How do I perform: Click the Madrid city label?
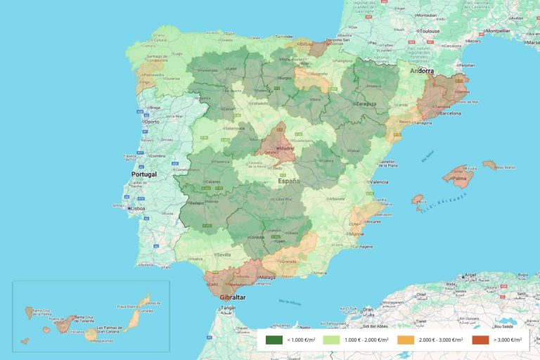[287, 148]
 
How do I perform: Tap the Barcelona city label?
[451, 113]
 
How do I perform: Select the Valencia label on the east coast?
[379, 182]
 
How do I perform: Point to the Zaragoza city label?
[366, 103]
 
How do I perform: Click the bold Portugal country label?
[144, 174]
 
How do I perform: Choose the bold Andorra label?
[422, 70]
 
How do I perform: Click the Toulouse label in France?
[429, 32]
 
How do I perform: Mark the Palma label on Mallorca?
[460, 178]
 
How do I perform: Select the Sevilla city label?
[224, 255]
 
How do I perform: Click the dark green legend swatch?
[274, 340]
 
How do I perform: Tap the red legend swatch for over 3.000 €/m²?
[480, 340]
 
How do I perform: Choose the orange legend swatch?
[406, 340]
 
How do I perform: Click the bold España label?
[288, 181]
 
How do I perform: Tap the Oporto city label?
[153, 122]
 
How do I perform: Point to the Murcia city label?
[357, 233]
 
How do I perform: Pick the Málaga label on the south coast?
[267, 278]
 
